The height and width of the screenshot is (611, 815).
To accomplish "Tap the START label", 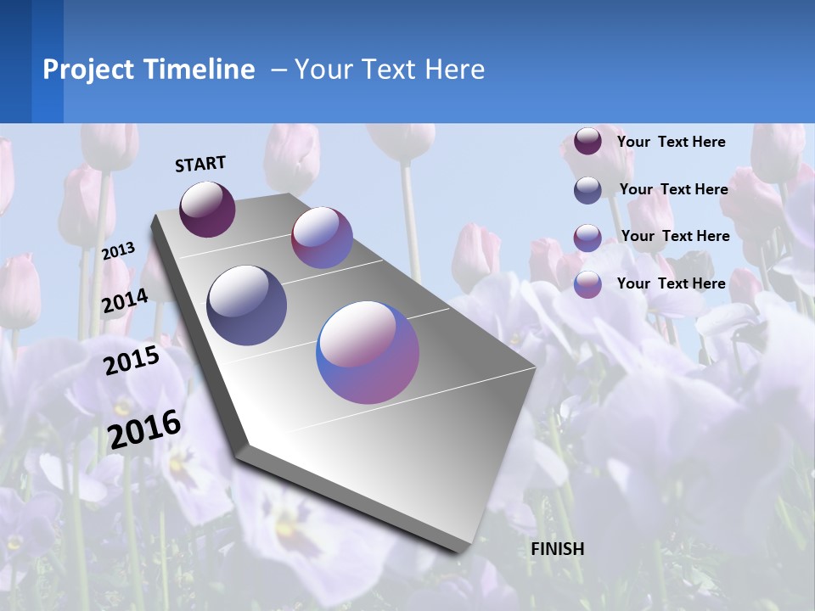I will tap(200, 164).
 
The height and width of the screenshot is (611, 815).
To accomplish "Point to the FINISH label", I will tap(558, 549).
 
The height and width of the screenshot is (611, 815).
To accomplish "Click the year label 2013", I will tap(119, 251).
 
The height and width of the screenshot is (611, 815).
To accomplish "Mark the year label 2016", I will tap(144, 429).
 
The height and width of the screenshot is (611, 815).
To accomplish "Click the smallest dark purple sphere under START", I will tap(207, 209).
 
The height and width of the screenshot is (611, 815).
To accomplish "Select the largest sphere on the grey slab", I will tap(368, 352).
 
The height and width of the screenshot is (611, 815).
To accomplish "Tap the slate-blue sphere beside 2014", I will tap(247, 305).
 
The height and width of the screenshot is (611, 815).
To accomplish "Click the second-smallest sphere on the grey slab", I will tap(322, 238).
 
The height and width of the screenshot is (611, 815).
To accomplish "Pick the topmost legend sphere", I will tap(587, 142).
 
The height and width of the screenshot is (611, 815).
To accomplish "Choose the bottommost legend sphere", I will tap(587, 284).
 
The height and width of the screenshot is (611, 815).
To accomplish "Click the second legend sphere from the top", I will tap(587, 190).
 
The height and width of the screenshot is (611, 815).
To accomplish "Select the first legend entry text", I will tap(671, 142).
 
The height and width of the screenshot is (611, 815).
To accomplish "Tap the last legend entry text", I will tap(671, 283).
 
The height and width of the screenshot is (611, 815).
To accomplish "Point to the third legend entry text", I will tap(675, 236).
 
